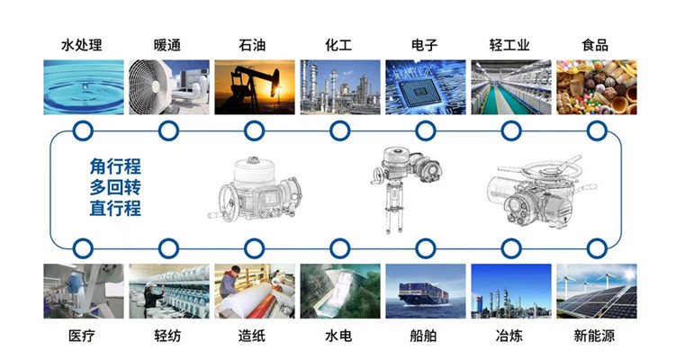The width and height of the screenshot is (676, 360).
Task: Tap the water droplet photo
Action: click(x=82, y=86)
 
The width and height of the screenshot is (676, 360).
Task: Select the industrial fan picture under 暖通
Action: click(x=168, y=86)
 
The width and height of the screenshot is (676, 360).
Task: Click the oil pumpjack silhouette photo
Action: click(x=254, y=86)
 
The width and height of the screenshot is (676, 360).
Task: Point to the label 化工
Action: click(x=339, y=45)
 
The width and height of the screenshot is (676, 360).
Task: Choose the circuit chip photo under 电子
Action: click(x=425, y=86)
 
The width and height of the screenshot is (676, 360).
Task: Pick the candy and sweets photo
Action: click(x=596, y=86)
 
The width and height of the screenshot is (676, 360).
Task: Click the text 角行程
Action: click(x=115, y=166)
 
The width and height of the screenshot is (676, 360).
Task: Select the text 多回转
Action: click(x=115, y=187)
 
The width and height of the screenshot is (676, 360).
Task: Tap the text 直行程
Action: click(x=115, y=209)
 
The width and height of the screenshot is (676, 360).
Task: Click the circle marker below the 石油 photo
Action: click(x=254, y=130)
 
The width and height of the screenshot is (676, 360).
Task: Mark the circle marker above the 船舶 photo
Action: click(x=425, y=247)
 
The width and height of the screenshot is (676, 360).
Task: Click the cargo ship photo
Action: click(x=425, y=291)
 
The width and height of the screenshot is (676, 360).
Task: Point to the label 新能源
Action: click(x=596, y=337)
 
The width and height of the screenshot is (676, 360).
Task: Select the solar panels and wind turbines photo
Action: click(x=596, y=291)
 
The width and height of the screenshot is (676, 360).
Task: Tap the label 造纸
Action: click(x=254, y=337)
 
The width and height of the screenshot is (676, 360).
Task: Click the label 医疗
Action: click(x=82, y=337)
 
